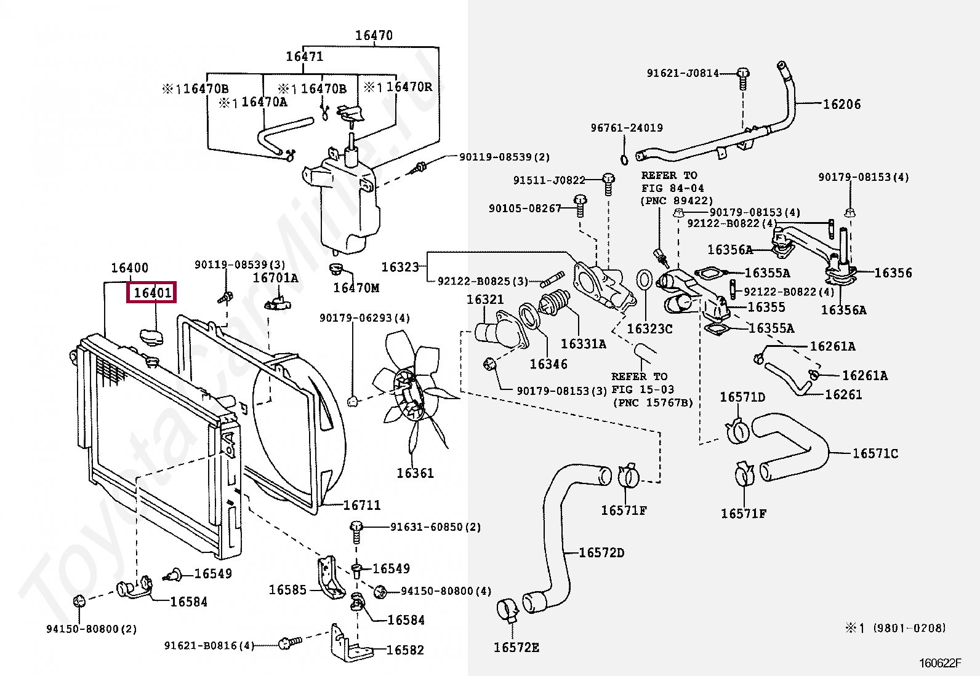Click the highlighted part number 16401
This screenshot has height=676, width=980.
(152, 292)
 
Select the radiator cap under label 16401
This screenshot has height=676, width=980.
(151, 336)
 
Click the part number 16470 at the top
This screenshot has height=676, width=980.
(374, 35)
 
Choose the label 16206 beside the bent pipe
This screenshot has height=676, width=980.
(841, 104)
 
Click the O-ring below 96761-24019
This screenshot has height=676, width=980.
(624, 159)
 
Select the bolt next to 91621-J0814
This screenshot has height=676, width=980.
(743, 79)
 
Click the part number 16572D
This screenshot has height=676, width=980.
(601, 553)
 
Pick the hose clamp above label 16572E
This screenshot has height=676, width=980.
(508, 610)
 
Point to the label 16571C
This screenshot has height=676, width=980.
(875, 453)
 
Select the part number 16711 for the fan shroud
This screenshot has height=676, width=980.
(362, 505)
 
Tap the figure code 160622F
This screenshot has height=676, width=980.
(940, 663)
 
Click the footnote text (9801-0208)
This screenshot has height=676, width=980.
(910, 629)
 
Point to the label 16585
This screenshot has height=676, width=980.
(287, 590)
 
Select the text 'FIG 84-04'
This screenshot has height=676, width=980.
(672, 188)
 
